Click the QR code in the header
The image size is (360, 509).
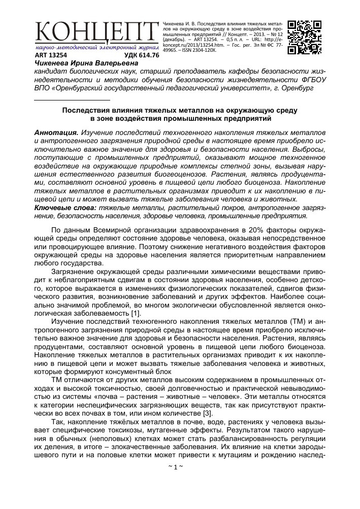[304, 37]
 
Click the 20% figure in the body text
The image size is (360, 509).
[249, 230]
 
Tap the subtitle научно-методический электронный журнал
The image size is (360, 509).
[94, 47]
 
